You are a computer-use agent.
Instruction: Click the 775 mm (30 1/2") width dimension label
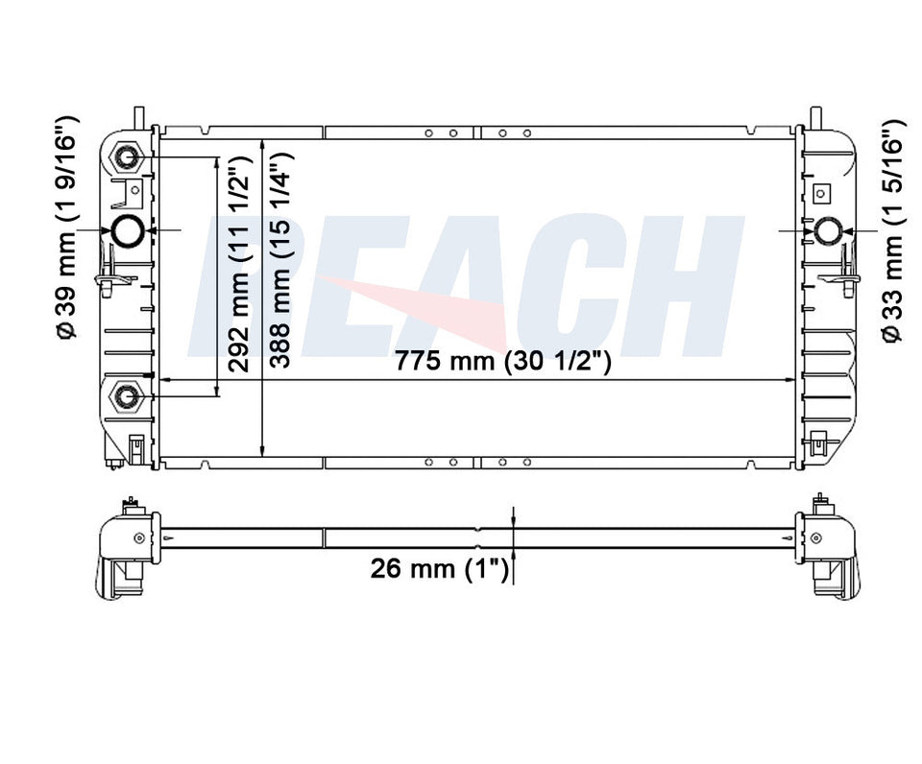[502, 360]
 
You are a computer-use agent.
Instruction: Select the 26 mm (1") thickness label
[439, 568]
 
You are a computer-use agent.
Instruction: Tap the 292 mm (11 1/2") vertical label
[239, 264]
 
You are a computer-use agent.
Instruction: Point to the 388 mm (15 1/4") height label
[279, 260]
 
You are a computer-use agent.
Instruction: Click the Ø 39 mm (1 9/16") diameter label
[66, 228]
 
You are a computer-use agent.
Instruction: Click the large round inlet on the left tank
[128, 231]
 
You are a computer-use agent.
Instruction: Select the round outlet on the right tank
[829, 230]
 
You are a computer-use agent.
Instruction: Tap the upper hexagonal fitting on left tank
[127, 156]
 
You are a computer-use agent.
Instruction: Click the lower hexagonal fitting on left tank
[127, 396]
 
